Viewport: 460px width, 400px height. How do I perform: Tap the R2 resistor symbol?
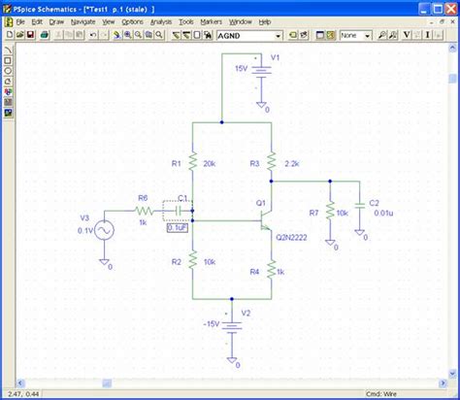pyautogui.click(x=193, y=261)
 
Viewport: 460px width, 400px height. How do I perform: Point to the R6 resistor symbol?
pyautogui.click(x=144, y=209)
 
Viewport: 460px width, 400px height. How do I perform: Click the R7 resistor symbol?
pyautogui.click(x=331, y=211)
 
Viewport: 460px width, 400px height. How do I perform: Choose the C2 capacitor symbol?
pyautogui.click(x=360, y=205)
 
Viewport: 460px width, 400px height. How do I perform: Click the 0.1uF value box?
pyautogui.click(x=178, y=228)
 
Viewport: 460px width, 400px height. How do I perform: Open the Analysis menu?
pyautogui.click(x=161, y=20)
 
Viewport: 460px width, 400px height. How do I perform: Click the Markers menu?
pyautogui.click(x=212, y=20)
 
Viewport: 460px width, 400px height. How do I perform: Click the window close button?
pyautogui.click(x=449, y=7)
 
